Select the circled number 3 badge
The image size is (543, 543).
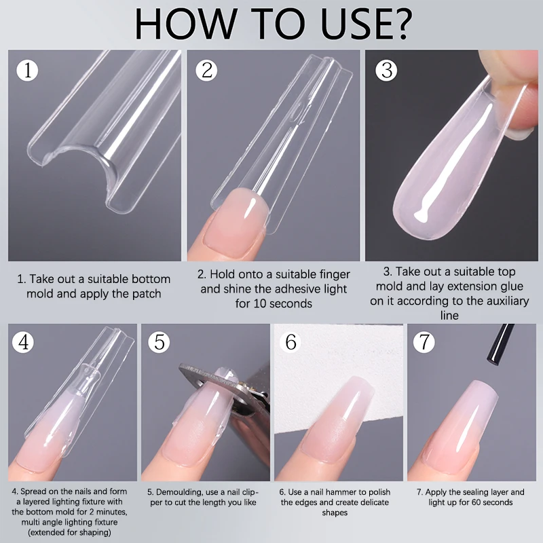(386, 71)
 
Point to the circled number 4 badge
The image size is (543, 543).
(25, 341)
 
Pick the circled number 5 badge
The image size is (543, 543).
(159, 341)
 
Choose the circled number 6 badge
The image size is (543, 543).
(291, 341)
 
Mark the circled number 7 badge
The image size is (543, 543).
(425, 341)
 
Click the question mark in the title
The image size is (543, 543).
(396, 24)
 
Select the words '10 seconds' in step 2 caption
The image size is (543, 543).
(274, 303)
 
